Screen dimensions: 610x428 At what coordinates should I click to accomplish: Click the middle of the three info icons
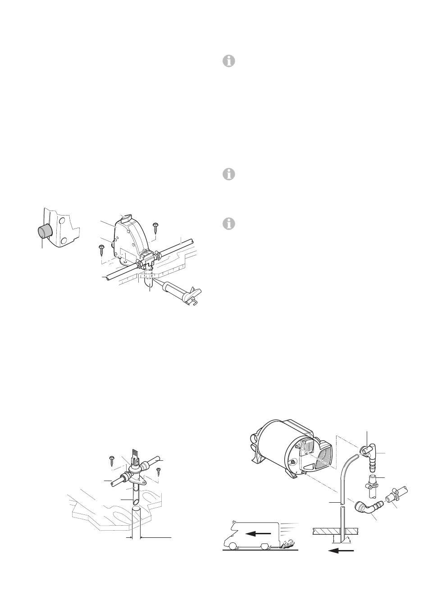click(x=229, y=174)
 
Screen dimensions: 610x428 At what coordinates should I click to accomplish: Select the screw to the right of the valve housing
click(x=156, y=227)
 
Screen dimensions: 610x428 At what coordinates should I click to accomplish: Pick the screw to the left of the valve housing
click(x=102, y=248)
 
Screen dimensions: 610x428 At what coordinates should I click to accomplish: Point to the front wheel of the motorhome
click(x=232, y=547)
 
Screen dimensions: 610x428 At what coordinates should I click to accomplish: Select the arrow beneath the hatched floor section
click(x=341, y=550)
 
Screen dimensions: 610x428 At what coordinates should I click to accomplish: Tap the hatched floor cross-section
click(x=325, y=532)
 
